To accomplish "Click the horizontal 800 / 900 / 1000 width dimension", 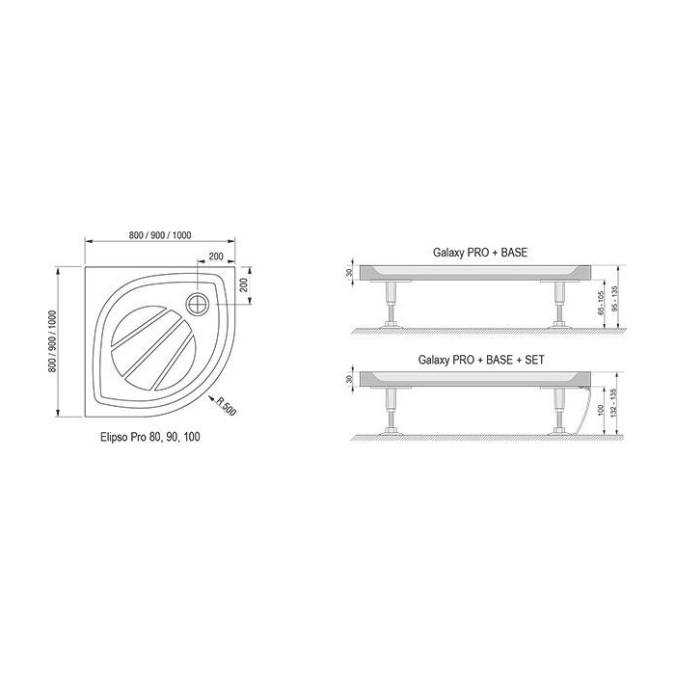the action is pos(160,235).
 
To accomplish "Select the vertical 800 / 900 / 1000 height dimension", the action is pos(52,341).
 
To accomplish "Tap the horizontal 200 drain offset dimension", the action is pos(216,256).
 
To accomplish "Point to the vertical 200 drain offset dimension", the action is pos(244,284).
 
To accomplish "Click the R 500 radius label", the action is pos(226,406).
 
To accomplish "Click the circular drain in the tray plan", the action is pos(198,304).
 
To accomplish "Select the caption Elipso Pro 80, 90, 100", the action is pos(150,437).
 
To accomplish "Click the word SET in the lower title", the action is pos(534,360).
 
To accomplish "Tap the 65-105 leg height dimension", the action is pos(602,303).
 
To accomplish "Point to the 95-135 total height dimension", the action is pos(614,297).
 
